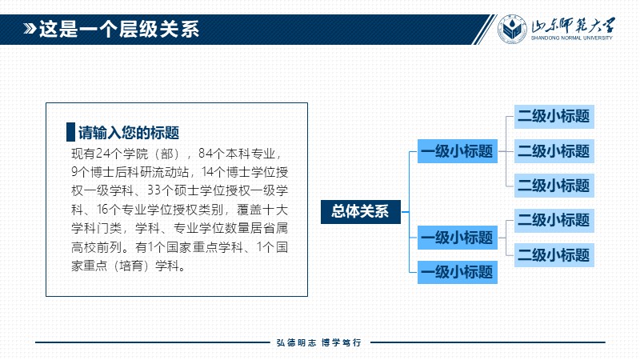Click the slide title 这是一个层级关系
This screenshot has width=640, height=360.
[x=118, y=30]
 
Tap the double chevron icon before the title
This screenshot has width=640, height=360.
[x=30, y=29]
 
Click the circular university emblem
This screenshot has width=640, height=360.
[x=512, y=29]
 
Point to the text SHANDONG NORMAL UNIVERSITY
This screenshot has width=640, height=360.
[x=571, y=38]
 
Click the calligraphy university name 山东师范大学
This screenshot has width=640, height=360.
[x=573, y=26]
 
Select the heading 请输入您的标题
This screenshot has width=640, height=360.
[x=129, y=133]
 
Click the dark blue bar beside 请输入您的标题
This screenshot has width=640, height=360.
[x=70, y=132]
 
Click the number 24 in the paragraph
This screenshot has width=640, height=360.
[x=103, y=154]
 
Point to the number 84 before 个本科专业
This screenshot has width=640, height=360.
[x=206, y=154]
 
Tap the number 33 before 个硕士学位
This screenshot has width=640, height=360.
[x=154, y=190]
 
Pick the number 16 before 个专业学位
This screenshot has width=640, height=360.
[x=103, y=210]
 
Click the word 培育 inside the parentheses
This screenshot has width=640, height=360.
[x=130, y=266]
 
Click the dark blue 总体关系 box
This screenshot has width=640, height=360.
[x=361, y=212]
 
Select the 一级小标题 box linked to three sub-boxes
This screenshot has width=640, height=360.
[x=457, y=151]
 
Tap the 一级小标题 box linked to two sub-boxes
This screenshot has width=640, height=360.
[x=457, y=238]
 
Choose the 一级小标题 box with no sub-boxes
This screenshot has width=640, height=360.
[x=457, y=272]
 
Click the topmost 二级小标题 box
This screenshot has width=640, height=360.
[x=554, y=117]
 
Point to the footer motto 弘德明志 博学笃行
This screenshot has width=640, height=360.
[x=318, y=343]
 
